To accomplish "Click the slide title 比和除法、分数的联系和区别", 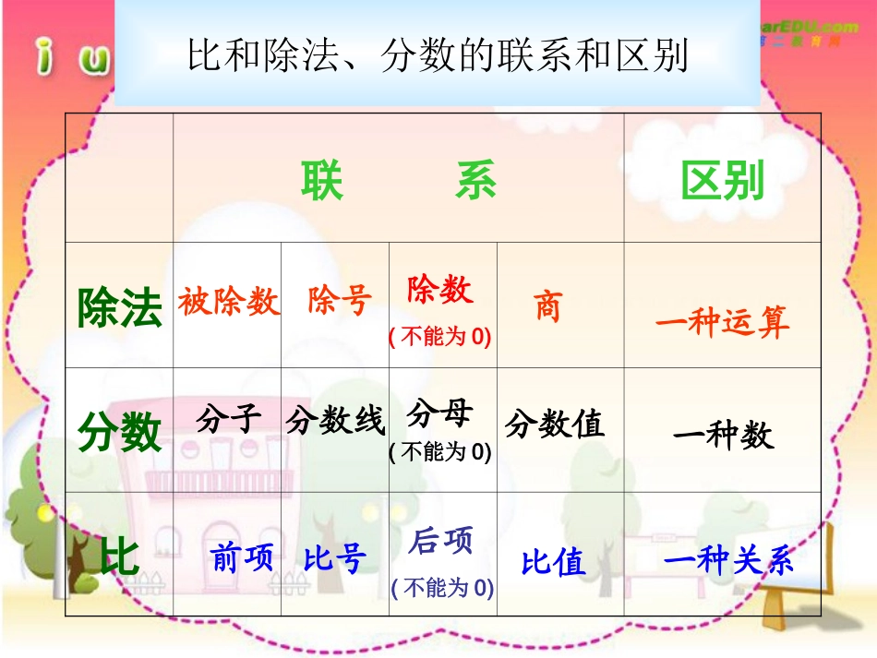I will pos(438,55).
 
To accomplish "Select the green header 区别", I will pos(723,181).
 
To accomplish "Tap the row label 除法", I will pos(120,307).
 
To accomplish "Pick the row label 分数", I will pos(120,431).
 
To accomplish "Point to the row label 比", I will pos(119,556).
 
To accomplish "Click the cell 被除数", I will pos(228,301).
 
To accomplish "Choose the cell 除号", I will pos(340,301).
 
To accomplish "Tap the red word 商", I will pos(548,306).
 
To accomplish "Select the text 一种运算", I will pos(723,321).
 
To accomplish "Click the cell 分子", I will pos(228,420).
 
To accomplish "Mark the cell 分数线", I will pos(335,422).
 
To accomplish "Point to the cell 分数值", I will pos(555,424).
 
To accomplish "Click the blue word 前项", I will pos(242,556).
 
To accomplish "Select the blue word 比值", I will pos(554,562).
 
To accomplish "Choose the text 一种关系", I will pos(728,561).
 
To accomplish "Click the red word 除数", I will pos(440,290).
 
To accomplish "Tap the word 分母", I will pos(440,414).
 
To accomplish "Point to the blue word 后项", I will pos(440,541).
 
